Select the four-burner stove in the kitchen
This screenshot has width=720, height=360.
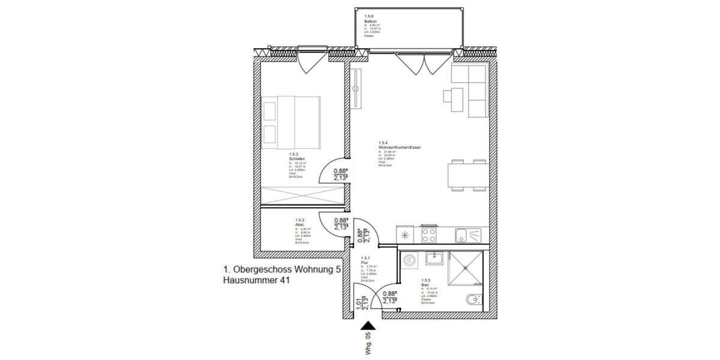(x=429, y=234)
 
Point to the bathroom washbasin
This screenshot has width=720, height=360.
(x=434, y=258)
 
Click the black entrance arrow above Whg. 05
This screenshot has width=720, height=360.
(x=368, y=326)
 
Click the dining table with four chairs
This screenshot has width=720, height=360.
(x=467, y=176)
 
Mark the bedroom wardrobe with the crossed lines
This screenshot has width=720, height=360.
(x=302, y=196)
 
